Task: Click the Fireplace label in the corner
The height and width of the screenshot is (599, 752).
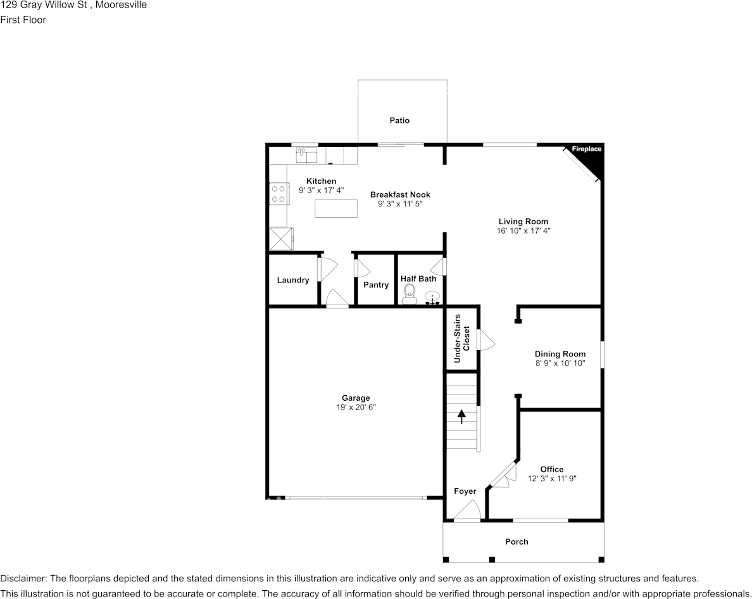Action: [586, 149]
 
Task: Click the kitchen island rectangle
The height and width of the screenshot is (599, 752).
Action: [335, 208]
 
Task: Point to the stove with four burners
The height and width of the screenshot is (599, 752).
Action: [279, 193]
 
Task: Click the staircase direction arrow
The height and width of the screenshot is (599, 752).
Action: [461, 416]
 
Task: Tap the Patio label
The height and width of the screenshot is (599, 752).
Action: [399, 120]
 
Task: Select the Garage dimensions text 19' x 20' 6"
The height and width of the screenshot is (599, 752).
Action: [356, 408]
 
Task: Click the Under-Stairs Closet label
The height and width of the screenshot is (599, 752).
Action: [462, 339]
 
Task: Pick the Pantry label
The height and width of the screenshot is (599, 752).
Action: [376, 285]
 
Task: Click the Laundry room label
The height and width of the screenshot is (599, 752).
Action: [293, 280]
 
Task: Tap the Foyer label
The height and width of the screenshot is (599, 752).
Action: [465, 491]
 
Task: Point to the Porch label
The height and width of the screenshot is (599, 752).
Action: [517, 541]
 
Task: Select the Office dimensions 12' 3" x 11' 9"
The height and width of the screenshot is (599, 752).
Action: [552, 479]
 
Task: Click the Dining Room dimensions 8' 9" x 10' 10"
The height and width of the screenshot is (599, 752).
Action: [560, 363]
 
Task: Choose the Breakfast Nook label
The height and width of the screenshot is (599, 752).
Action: [400, 194]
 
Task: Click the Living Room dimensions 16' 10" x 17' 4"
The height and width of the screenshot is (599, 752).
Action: [523, 231]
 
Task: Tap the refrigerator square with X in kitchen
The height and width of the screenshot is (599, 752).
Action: [282, 239]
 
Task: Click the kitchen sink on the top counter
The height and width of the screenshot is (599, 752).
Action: [306, 154]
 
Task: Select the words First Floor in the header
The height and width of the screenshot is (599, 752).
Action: [23, 20]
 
